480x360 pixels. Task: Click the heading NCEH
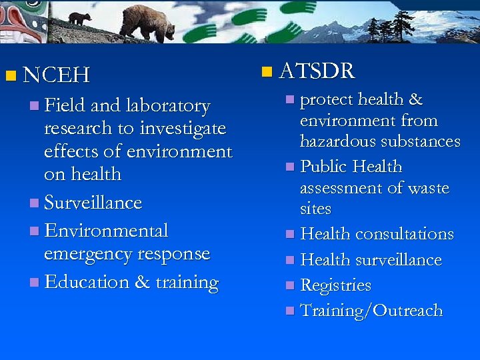(56, 75)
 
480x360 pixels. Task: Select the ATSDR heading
(317, 71)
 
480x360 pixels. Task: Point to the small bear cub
(80, 18)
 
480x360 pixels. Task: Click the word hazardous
(337, 142)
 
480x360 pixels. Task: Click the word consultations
(405, 235)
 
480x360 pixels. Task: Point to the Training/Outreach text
(371, 311)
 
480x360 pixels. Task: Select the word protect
(326, 100)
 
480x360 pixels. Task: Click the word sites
(315, 209)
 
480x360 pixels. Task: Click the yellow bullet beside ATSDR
(267, 71)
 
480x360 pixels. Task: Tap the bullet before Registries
(289, 286)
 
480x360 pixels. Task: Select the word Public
(324, 166)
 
